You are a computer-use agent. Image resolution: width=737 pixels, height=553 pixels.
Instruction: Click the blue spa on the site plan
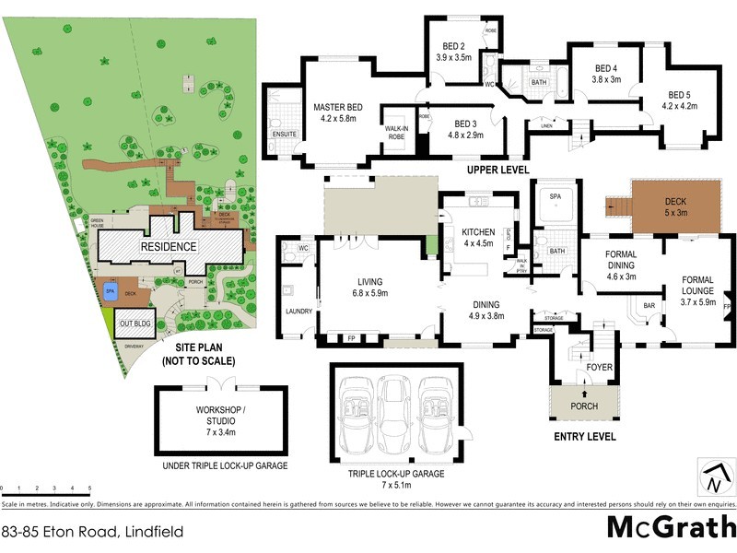111,291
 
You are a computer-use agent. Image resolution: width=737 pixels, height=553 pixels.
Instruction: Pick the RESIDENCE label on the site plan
168,247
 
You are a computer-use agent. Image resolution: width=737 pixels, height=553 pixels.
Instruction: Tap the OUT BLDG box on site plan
135,324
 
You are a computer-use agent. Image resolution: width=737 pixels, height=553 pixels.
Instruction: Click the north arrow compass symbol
716,477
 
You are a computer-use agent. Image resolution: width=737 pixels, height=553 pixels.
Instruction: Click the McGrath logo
670,528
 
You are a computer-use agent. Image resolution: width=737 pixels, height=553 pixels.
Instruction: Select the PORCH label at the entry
584,406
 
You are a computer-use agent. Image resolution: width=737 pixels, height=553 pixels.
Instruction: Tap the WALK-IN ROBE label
396,132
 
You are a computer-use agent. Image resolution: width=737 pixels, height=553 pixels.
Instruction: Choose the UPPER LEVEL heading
497,171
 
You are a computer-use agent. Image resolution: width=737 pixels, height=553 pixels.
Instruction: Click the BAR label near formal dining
649,305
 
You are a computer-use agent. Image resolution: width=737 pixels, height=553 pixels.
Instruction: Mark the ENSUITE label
284,134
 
